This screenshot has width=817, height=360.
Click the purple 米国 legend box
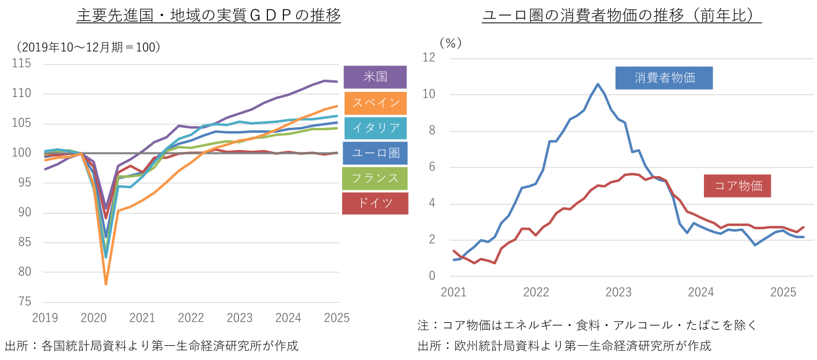[x=375, y=77]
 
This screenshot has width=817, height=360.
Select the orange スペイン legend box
[x=375, y=103]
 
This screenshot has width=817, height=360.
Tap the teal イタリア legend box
[x=375, y=128]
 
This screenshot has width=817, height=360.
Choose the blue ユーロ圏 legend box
[x=375, y=153]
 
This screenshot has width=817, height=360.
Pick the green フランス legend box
[x=375, y=178]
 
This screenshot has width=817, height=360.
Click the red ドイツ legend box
[x=375, y=203]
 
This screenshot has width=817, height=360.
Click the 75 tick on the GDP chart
[x=25, y=301]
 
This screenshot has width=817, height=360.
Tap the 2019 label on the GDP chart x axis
[x=44, y=318]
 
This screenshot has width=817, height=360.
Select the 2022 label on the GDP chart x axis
[x=191, y=318]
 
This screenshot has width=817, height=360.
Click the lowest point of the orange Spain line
[x=106, y=284]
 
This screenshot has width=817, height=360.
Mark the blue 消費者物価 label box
[x=664, y=78]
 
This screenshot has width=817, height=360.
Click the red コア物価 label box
[x=737, y=185]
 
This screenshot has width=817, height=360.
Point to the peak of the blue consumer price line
[x=598, y=84]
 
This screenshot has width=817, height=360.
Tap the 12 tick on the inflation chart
[x=429, y=57]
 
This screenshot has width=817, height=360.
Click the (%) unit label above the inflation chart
[x=450, y=43]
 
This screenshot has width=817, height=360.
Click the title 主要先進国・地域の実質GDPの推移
[x=208, y=15]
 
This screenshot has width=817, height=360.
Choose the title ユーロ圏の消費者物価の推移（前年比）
[x=621, y=15]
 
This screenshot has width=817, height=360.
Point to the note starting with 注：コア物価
[x=587, y=325]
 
